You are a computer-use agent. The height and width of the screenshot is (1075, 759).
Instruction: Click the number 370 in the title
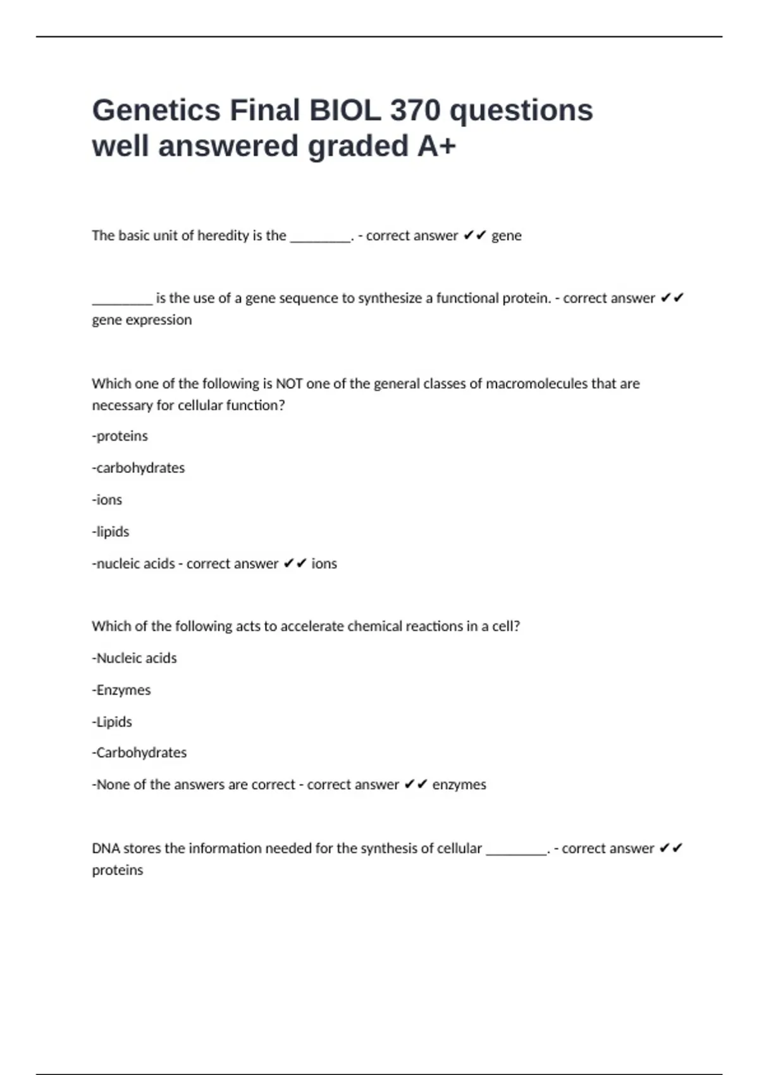point(415,110)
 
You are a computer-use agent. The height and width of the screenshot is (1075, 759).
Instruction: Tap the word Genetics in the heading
point(156,110)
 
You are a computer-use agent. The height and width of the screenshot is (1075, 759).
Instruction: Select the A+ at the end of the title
point(436,146)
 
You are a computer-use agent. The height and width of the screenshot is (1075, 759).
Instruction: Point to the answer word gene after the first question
point(506,236)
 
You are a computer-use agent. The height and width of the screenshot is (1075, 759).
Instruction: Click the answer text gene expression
point(142,320)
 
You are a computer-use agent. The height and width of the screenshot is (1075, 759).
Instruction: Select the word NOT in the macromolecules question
point(289,384)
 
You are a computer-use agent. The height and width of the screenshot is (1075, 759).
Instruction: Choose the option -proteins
point(120,436)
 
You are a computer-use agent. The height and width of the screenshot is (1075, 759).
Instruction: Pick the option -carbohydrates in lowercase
point(139,468)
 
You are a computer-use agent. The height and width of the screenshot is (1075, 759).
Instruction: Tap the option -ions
point(107,500)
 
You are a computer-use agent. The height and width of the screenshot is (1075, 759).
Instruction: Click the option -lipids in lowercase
point(111,532)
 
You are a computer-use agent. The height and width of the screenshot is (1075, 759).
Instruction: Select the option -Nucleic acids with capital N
point(134,658)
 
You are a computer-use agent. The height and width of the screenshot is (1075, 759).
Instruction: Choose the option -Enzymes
point(121,690)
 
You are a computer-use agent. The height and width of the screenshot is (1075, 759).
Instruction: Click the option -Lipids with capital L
point(112,722)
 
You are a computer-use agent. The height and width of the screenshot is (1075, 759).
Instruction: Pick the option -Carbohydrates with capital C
point(139,752)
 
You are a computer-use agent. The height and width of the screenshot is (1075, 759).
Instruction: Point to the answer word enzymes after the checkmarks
point(459,785)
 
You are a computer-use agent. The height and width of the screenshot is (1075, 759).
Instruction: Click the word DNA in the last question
point(106,849)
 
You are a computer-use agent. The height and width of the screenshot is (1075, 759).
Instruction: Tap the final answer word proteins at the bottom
point(118,870)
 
